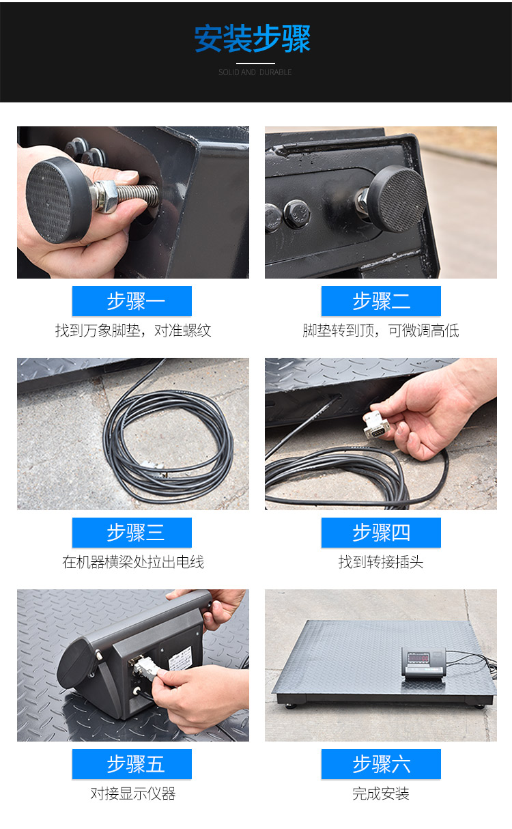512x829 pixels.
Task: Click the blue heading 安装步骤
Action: click(253, 38)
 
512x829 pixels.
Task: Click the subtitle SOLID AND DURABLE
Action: click(255, 72)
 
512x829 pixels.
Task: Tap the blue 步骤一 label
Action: click(132, 301)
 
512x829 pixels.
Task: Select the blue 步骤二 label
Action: click(381, 301)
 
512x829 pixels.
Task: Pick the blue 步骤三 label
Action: click(132, 533)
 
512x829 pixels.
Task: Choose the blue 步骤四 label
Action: click(381, 533)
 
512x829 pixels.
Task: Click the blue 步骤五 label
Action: click(132, 764)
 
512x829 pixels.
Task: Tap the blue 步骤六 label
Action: click(381, 764)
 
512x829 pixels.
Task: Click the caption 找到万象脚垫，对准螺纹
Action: click(133, 331)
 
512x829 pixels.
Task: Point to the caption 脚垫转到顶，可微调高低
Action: click(381, 331)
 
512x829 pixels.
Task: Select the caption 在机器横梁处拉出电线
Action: click(133, 562)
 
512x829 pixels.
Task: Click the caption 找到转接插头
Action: click(381, 562)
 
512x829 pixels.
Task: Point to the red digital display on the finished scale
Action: click(418, 658)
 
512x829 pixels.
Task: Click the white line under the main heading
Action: click(255, 64)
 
